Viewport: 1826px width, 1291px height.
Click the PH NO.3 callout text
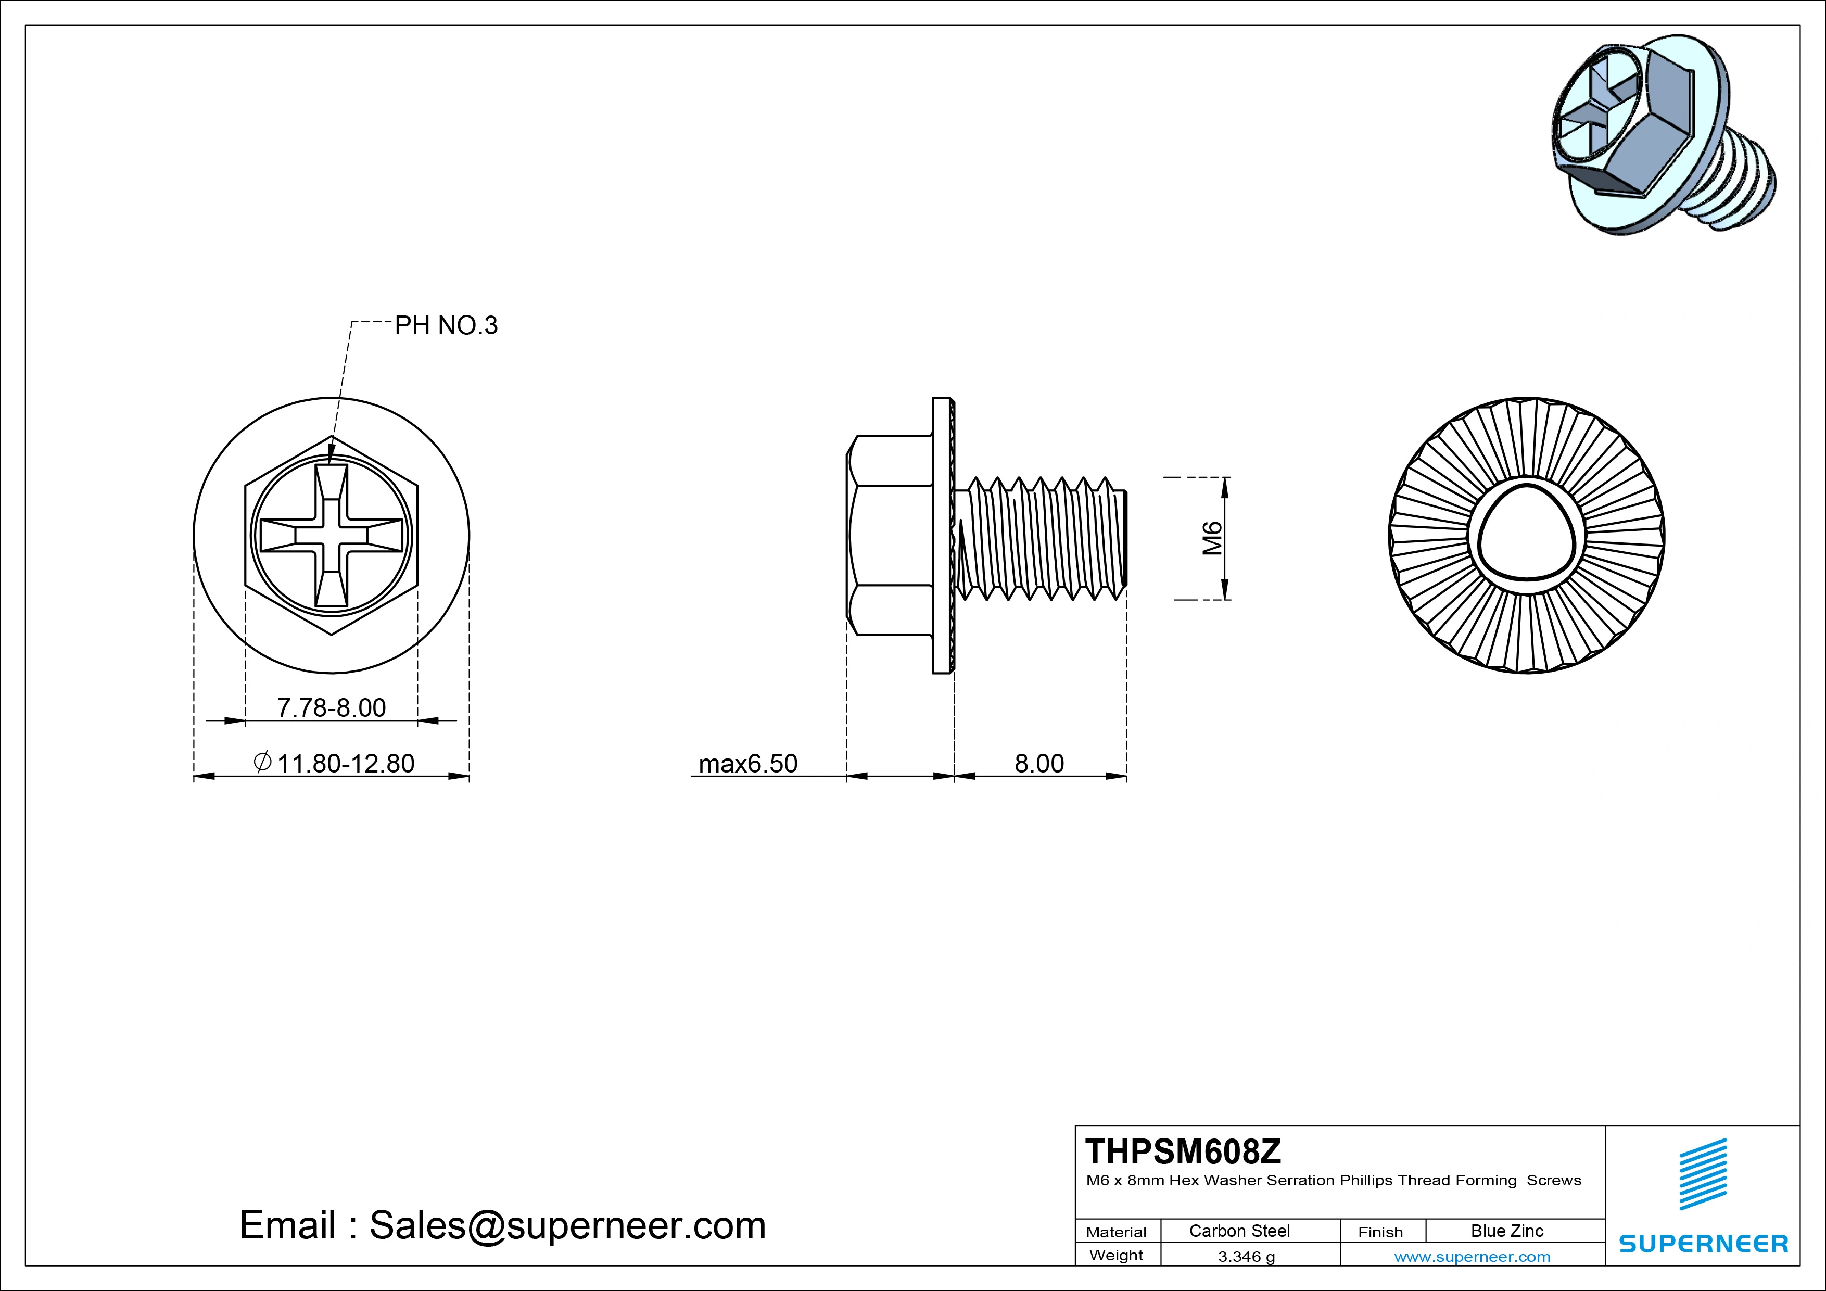[446, 325]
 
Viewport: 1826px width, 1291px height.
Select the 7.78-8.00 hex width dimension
[331, 707]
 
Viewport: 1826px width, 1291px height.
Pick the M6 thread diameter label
[1211, 538]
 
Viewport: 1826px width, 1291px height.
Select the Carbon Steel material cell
[1239, 1231]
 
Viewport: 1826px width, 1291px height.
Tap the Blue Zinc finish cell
[1506, 1231]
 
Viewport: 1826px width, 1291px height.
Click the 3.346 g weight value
[1246, 1257]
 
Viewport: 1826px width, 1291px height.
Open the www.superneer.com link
[1472, 1257]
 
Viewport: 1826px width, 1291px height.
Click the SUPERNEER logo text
[1704, 1243]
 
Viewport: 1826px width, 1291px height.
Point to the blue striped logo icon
[1703, 1174]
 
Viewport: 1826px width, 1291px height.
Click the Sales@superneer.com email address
[567, 1225]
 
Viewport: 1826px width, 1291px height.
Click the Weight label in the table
[1116, 1255]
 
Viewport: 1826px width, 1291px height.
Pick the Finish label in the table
[1380, 1232]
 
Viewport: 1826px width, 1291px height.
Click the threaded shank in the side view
[1042, 538]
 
